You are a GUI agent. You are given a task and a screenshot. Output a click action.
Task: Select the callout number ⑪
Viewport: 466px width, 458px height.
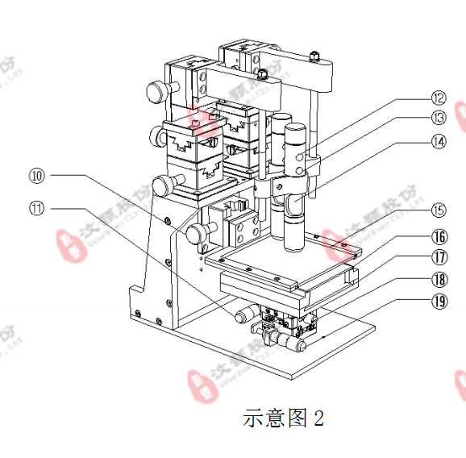pyautogui.click(x=37, y=207)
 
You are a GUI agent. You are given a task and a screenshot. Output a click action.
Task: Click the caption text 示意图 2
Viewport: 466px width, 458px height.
pyautogui.click(x=283, y=418)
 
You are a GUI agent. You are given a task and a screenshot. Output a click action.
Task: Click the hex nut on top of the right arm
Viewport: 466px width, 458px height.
pyautogui.click(x=314, y=56)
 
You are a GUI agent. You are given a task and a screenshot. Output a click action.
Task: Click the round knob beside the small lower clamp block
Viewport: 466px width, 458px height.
pyautogui.click(x=194, y=235)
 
